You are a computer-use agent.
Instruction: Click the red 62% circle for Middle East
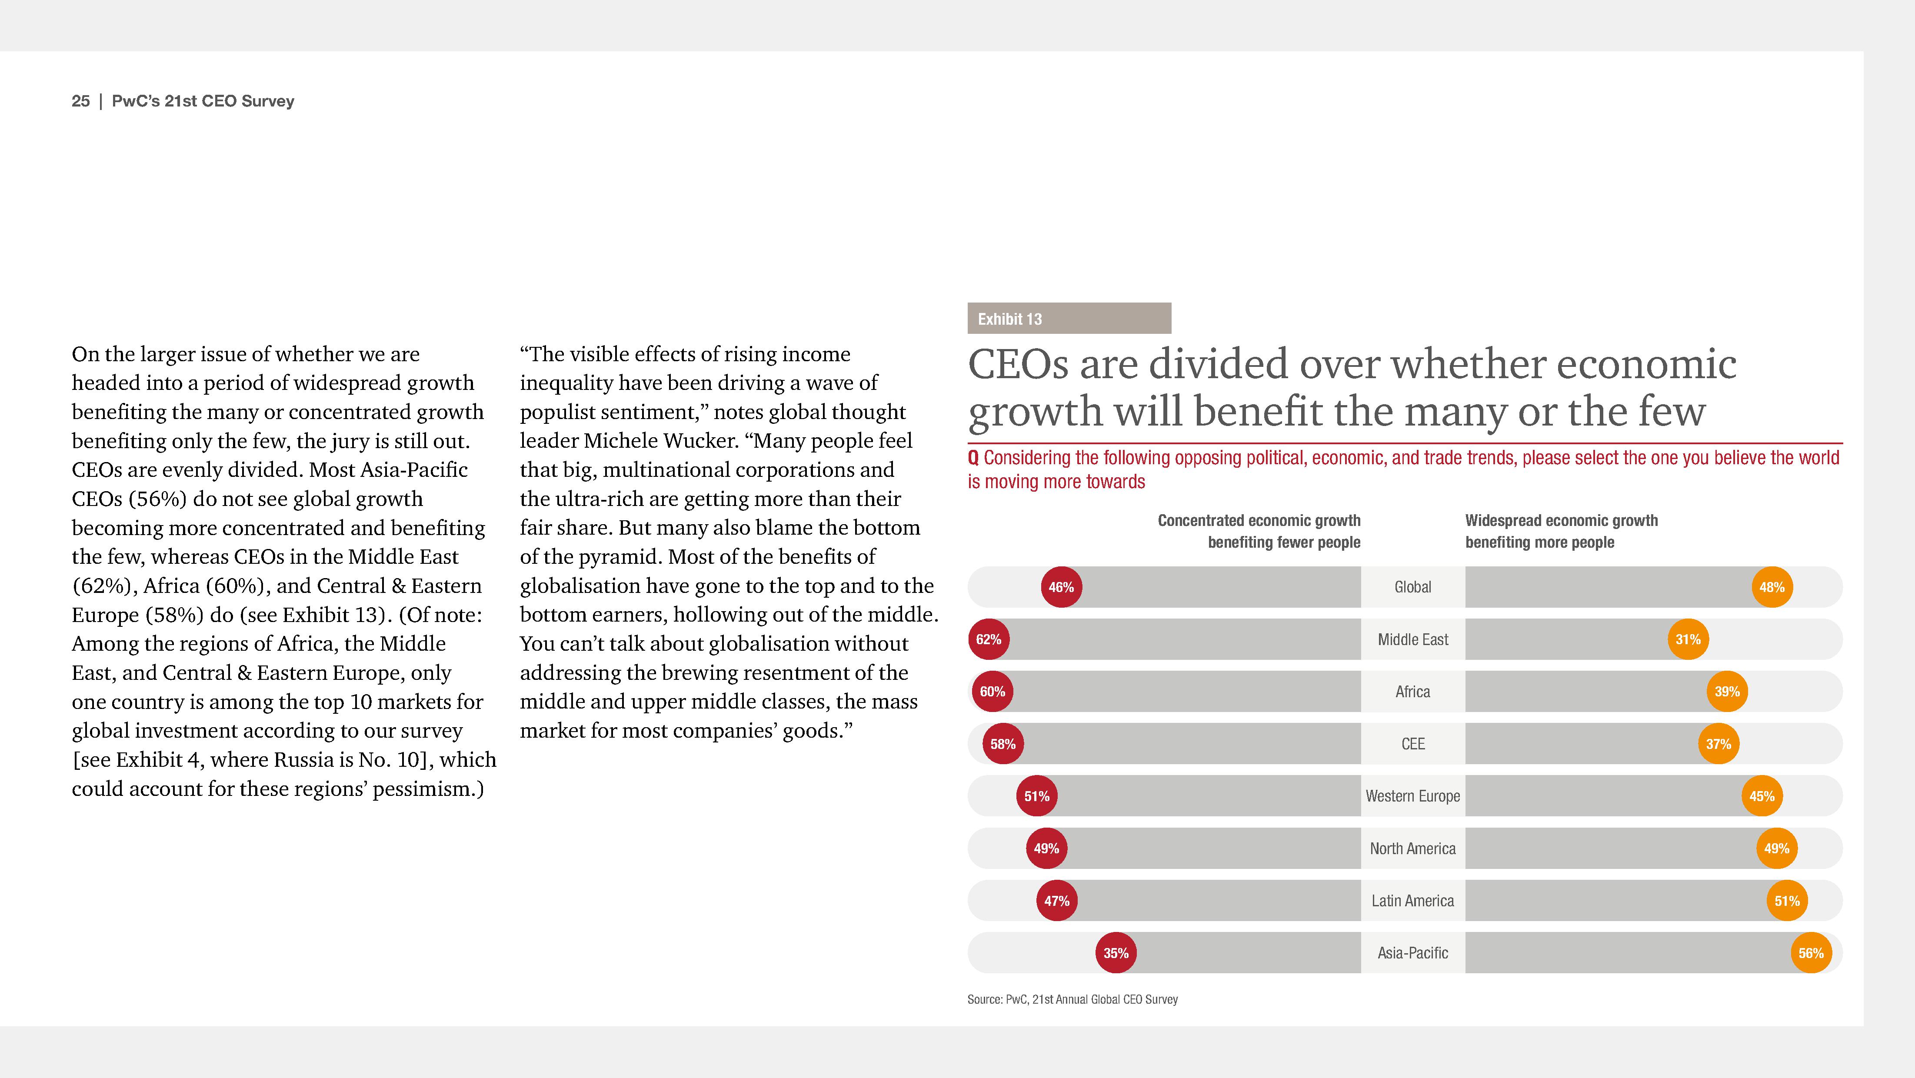(989, 639)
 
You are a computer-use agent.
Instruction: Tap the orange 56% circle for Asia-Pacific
(1811, 953)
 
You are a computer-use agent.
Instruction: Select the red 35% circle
(1116, 953)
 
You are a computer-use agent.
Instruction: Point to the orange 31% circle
(1688, 639)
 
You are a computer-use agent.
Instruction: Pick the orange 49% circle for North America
(1777, 848)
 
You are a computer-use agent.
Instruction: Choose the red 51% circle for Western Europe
(1036, 796)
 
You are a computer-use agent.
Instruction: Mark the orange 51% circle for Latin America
(1787, 901)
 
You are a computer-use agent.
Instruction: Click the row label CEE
(1412, 744)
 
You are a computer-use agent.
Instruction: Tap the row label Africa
(1412, 692)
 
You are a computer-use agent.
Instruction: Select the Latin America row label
(1412, 901)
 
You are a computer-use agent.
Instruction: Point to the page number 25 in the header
(80, 101)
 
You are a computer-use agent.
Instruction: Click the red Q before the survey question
(973, 458)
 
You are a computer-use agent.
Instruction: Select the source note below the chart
(1072, 1000)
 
